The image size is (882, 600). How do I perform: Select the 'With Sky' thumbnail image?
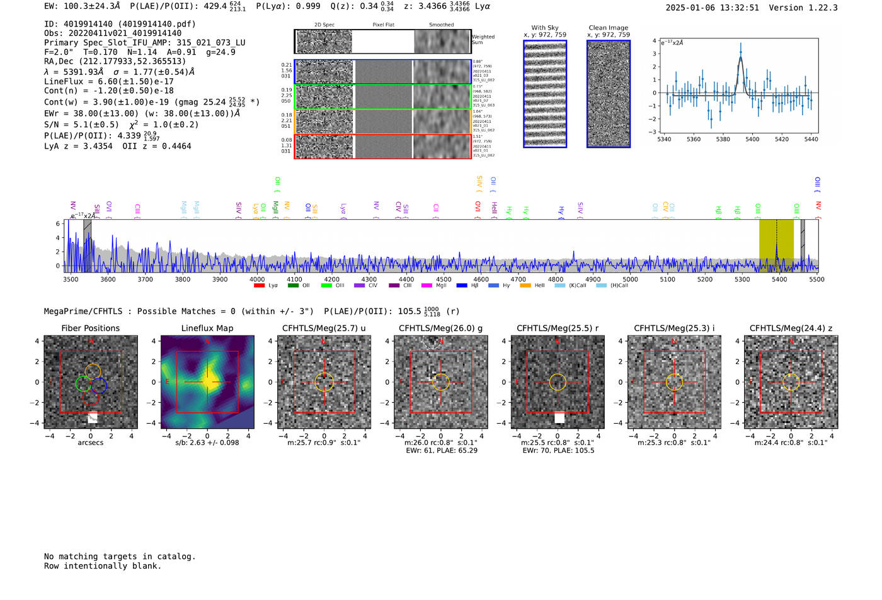[x=545, y=94]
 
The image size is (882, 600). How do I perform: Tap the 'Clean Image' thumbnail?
[x=609, y=94]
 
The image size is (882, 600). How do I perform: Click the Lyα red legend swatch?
[x=259, y=286]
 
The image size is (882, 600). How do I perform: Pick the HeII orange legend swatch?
[x=525, y=286]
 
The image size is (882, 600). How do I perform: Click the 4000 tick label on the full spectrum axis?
[x=257, y=280]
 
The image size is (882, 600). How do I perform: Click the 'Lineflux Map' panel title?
[x=207, y=328]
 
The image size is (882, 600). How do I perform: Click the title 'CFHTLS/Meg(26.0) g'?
[x=440, y=328]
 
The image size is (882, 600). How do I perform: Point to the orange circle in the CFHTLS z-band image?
[x=791, y=382]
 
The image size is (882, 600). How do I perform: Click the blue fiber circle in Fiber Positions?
[x=99, y=385]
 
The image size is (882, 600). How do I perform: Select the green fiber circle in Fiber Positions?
[x=83, y=383]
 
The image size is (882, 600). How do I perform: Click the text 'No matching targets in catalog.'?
[x=120, y=557]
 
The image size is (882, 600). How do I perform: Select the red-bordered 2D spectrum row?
[x=382, y=146]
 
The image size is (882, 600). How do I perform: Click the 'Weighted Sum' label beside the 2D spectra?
[x=483, y=40]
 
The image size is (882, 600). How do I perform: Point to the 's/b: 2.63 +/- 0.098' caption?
[x=207, y=443]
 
